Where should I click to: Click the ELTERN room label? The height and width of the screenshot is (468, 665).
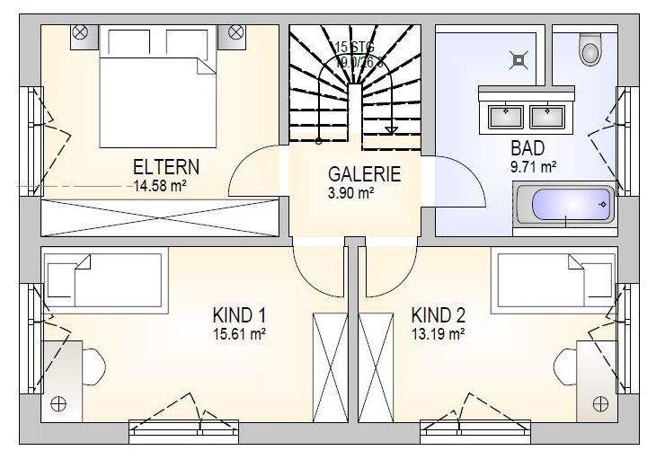tap(166, 167)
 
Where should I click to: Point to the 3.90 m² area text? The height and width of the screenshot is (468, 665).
tap(351, 192)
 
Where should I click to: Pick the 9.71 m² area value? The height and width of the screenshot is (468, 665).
tap(534, 166)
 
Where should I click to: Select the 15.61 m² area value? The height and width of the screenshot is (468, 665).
tap(239, 333)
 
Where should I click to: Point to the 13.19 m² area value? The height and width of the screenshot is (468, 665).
tap(438, 333)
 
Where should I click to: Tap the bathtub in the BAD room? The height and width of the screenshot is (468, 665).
tap(564, 208)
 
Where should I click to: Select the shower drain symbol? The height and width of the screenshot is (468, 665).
tap(519, 61)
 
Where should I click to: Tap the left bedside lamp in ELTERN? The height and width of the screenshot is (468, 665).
tap(80, 32)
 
